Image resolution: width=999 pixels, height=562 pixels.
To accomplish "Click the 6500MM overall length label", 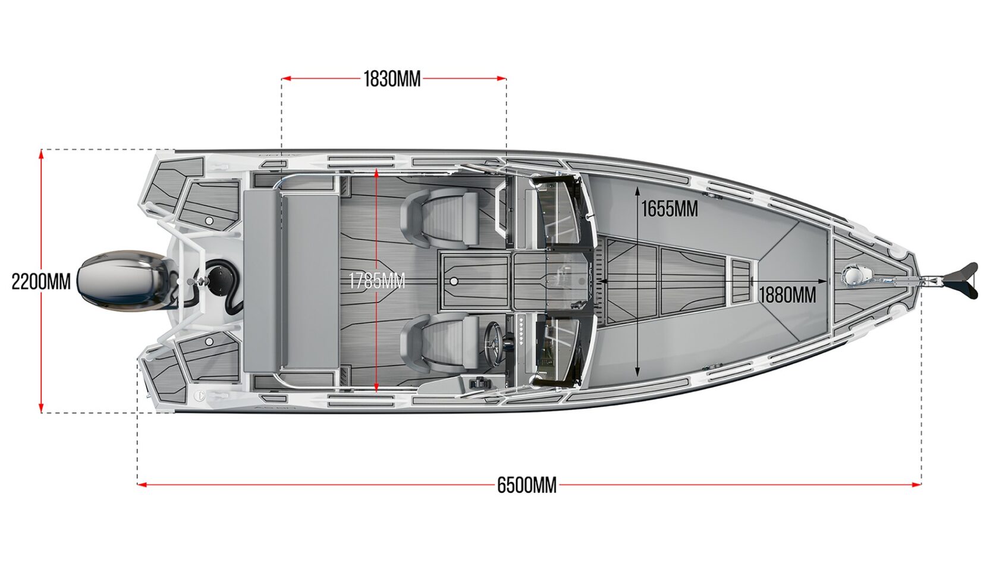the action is (x=527, y=485).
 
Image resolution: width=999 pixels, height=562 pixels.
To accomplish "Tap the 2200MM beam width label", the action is (x=41, y=281).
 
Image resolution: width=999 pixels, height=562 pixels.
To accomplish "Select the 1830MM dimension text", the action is (x=392, y=79).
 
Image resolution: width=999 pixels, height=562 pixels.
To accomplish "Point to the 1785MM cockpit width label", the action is (x=376, y=281).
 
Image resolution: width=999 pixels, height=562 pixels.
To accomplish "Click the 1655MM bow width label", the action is (x=669, y=209).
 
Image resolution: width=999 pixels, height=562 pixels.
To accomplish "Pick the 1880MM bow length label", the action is (x=787, y=294).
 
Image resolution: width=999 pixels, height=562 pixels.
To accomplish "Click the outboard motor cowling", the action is (x=122, y=281).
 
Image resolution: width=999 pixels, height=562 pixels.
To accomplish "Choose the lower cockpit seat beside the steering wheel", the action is (x=441, y=343).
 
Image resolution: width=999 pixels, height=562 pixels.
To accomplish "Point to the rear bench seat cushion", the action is (x=291, y=281).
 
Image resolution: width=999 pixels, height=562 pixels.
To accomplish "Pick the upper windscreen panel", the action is (x=556, y=212).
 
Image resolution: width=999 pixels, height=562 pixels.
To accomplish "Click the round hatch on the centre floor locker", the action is (x=454, y=280).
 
